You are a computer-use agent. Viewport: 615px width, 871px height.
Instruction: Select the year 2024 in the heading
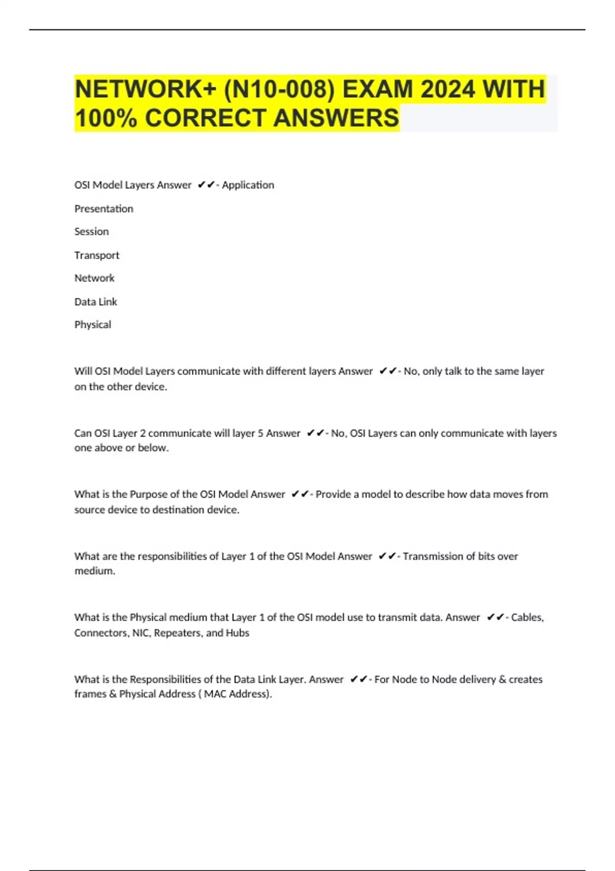click(x=447, y=89)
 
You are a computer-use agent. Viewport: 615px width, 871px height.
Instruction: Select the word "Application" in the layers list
click(x=248, y=185)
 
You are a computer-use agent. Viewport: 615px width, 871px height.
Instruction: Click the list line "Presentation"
click(x=104, y=209)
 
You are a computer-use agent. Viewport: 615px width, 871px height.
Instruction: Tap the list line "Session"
click(x=91, y=232)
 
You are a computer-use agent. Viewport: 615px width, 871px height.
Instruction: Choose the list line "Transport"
click(x=96, y=255)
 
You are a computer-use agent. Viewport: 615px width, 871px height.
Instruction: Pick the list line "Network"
click(x=94, y=278)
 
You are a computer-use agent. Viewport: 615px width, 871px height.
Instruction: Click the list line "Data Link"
click(x=95, y=302)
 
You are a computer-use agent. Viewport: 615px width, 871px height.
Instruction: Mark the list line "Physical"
click(x=92, y=325)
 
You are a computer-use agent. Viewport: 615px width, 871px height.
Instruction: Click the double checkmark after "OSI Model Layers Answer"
click(x=206, y=185)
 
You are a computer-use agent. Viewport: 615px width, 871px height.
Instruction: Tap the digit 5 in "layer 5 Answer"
click(x=260, y=433)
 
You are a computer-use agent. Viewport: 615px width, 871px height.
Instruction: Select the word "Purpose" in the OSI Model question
click(x=148, y=494)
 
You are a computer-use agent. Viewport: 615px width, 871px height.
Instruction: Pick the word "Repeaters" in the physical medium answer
click(x=177, y=633)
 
